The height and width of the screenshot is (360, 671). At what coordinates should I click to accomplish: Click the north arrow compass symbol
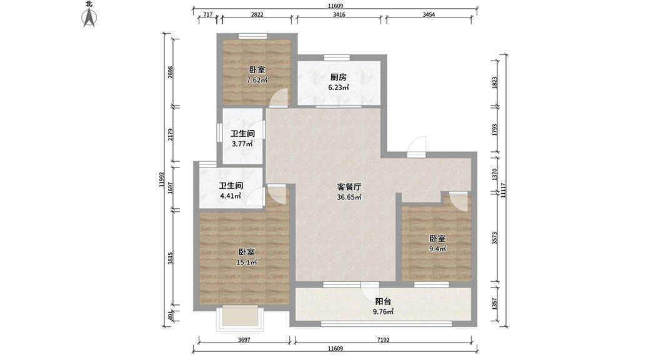89,17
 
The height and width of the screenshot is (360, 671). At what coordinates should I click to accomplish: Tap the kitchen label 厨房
338,77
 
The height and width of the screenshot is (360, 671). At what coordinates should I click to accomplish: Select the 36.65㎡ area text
349,197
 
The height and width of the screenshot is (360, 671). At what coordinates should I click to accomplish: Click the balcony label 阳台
383,302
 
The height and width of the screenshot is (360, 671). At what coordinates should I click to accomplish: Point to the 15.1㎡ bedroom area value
247,262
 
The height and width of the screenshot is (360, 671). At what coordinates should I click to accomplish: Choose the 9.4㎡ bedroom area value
437,249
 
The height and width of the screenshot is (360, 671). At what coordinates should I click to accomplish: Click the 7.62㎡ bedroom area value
257,80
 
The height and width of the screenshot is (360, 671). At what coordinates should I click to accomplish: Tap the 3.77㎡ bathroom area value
242,144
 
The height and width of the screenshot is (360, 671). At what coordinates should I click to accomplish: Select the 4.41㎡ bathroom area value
231,196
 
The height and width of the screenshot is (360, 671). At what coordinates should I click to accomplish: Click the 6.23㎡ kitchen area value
338,87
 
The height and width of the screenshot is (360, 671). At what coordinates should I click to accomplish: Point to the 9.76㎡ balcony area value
383,312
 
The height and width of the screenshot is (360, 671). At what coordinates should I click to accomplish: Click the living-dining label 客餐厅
349,187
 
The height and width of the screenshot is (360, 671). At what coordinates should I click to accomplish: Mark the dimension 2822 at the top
257,14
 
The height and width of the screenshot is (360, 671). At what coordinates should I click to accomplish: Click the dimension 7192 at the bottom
383,340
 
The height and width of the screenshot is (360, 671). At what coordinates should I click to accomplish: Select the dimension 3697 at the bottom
244,340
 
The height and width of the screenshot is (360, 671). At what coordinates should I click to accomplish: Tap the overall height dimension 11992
161,180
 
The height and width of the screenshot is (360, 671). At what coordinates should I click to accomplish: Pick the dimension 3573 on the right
494,238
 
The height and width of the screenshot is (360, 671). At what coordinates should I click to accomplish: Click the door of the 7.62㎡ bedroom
281,97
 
